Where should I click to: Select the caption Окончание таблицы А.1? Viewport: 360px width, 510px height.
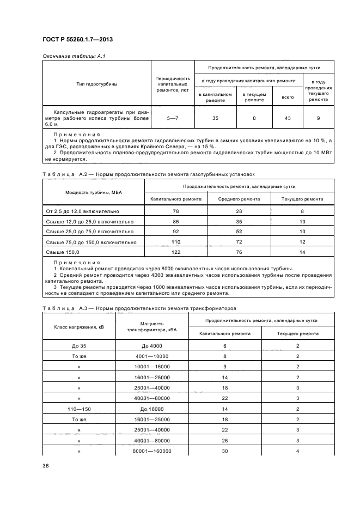click(70, 57)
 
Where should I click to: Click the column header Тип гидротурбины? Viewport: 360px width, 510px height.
click(97, 84)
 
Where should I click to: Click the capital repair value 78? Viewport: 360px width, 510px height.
click(176, 211)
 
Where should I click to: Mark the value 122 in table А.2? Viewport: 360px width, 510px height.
click(176, 252)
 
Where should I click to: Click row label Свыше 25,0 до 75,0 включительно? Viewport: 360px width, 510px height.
click(83, 232)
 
